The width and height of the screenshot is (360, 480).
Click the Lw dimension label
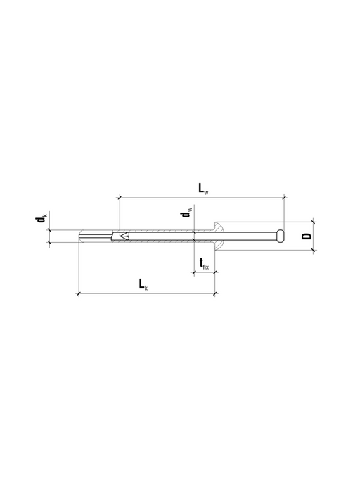[203, 188]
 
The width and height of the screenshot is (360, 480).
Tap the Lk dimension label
[143, 284]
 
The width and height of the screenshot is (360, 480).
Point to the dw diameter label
[186, 212]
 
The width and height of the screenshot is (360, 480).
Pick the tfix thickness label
[204, 263]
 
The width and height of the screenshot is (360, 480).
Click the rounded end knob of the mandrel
[280, 236]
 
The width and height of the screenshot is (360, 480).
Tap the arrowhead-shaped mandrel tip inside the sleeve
[124, 236]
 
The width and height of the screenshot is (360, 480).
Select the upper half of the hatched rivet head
[219, 227]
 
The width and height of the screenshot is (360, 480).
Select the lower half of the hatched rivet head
[219, 245]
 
